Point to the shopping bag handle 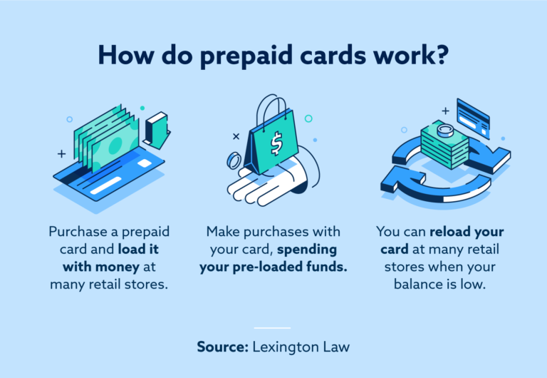272,112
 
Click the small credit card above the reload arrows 473,118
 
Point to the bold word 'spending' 308,250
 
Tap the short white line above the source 272,328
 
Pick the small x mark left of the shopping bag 236,136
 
